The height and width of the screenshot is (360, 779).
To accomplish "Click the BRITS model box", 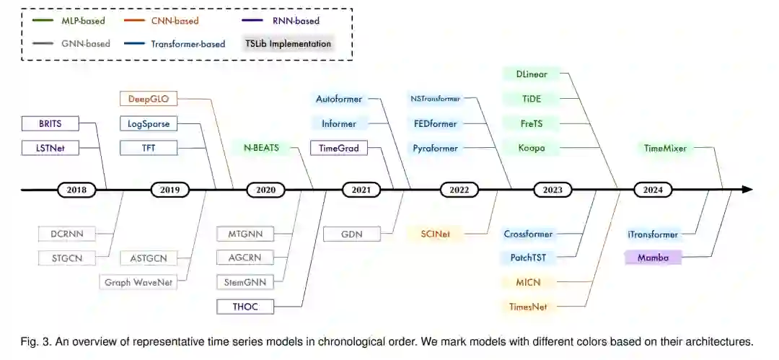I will pyautogui.click(x=50, y=123).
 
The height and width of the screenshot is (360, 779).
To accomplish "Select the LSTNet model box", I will pyautogui.click(x=50, y=149).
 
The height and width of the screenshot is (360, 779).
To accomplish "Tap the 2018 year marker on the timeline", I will pyautogui.click(x=76, y=190).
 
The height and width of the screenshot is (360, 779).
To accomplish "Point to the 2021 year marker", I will pyautogui.click(x=361, y=190).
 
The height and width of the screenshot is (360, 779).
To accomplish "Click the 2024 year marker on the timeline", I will pyautogui.click(x=653, y=190).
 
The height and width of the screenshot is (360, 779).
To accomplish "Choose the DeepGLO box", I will pyautogui.click(x=148, y=98).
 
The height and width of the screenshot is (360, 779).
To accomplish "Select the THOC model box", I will pyautogui.click(x=245, y=307).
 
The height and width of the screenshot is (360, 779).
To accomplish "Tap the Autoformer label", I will pyautogui.click(x=339, y=98).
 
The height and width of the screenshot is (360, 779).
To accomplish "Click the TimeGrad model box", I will pyautogui.click(x=339, y=149).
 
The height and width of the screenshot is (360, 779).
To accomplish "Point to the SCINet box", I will pyautogui.click(x=436, y=234).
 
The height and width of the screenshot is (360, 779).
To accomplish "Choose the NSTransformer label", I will pyautogui.click(x=435, y=98).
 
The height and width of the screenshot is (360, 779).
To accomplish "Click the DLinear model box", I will pyautogui.click(x=532, y=74).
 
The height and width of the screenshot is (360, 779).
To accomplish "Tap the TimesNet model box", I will pyautogui.click(x=528, y=307).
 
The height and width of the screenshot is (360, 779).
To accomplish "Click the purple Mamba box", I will pyautogui.click(x=653, y=258).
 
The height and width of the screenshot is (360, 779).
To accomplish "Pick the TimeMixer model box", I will pyautogui.click(x=665, y=149).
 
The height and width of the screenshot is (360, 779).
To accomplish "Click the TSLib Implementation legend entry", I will pyautogui.click(x=297, y=44).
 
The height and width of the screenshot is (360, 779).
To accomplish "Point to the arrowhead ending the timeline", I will pyautogui.click(x=747, y=190).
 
